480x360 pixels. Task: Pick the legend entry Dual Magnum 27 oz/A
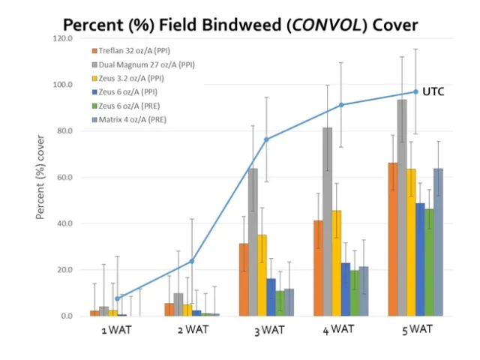click(147, 64)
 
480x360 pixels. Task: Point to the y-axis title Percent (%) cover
click(43, 177)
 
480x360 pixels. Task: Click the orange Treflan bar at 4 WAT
click(318, 268)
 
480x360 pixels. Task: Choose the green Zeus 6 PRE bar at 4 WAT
click(355, 293)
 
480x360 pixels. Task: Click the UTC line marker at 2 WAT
click(192, 261)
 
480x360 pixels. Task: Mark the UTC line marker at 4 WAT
click(341, 105)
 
